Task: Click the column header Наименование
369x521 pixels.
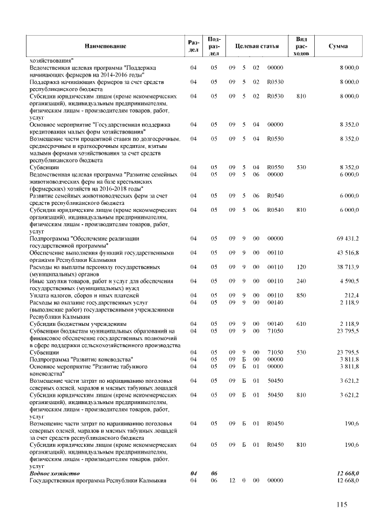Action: tap(105, 45)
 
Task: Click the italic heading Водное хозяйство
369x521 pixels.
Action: tap(54, 473)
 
